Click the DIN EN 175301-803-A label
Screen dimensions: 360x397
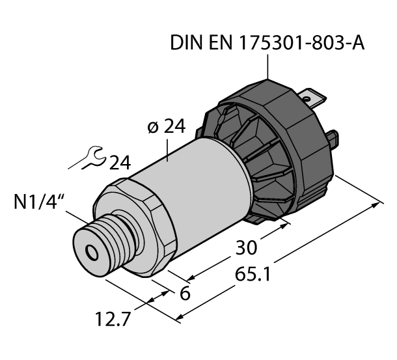pyautogui.click(x=267, y=44)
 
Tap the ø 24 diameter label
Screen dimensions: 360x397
pyautogui.click(x=162, y=127)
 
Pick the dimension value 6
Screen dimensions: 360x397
pyautogui.click(x=184, y=294)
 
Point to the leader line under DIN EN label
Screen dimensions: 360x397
pyautogui.click(x=267, y=68)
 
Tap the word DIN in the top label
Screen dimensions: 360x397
pyautogui.click(x=184, y=44)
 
